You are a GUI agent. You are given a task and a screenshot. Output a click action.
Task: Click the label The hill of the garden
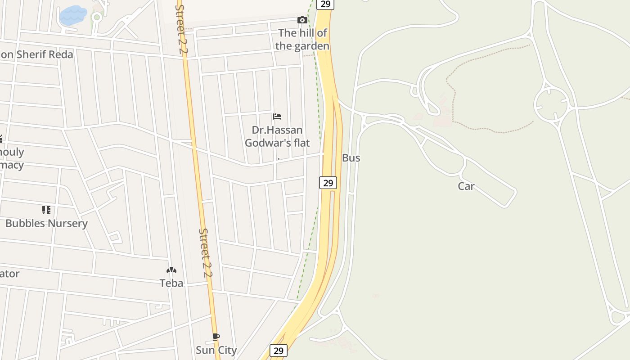click(x=302, y=39)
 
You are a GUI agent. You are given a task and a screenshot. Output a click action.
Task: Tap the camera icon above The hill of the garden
click(x=302, y=20)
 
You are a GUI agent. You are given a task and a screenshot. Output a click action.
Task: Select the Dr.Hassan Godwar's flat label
click(x=277, y=136)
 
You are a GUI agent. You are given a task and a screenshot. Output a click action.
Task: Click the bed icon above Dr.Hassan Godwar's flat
click(x=277, y=117)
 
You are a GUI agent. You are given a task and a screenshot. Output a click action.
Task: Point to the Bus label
click(x=351, y=158)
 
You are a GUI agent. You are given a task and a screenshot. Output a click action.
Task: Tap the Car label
click(x=466, y=186)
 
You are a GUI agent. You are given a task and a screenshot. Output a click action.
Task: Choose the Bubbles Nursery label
click(x=46, y=223)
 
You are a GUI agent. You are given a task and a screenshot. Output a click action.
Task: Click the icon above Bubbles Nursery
click(x=46, y=210)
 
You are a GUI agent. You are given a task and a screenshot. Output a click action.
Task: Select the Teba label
click(x=171, y=283)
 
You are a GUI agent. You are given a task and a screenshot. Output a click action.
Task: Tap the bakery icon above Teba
click(x=171, y=270)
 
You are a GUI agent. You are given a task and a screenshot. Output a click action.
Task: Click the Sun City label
click(x=216, y=350)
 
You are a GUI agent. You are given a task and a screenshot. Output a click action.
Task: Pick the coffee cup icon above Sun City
click(x=216, y=337)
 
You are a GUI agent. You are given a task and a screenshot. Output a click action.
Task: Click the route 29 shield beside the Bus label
click(x=328, y=183)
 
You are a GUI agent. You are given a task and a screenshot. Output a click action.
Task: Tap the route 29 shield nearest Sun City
click(x=279, y=350)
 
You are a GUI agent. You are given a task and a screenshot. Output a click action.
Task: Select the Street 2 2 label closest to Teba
click(x=206, y=252)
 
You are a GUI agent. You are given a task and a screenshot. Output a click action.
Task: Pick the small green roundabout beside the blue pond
click(x=96, y=18)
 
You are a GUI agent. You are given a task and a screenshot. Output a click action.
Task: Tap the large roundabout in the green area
click(x=552, y=104)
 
